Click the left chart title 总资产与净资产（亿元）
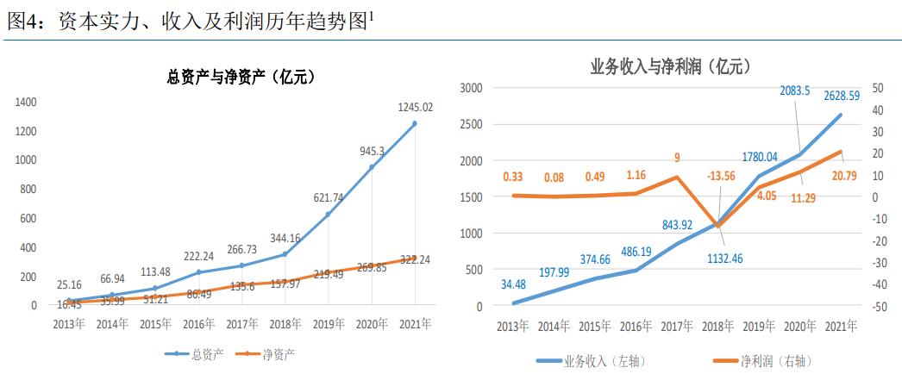pos(239,77)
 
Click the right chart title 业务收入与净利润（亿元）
pos(670,65)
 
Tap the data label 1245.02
pos(414,107)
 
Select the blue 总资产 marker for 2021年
pos(414,123)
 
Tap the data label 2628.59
pos(841,95)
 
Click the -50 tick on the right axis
pos(879,306)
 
